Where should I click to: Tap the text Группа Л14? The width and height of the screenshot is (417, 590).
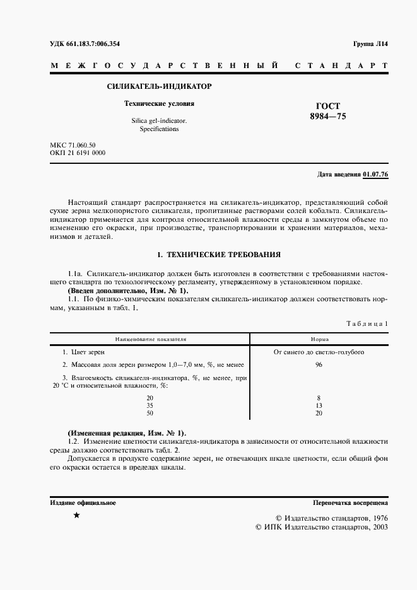[371, 43]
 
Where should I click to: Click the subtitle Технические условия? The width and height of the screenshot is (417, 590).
[150, 103]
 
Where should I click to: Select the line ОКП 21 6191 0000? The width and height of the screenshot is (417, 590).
[78, 153]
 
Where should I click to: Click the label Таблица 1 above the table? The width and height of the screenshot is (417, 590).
[367, 323]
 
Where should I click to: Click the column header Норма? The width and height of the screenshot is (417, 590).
[319, 338]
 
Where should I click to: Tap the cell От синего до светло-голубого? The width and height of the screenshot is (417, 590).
[319, 352]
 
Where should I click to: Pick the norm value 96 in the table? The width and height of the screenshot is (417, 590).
[319, 365]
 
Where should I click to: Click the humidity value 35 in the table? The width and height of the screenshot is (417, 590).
[150, 405]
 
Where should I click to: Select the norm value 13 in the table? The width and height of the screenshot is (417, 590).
[319, 405]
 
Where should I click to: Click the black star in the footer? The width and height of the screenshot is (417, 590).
[76, 516]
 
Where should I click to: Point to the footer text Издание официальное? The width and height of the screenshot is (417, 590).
[83, 503]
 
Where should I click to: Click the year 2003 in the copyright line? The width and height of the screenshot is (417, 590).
[376, 526]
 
